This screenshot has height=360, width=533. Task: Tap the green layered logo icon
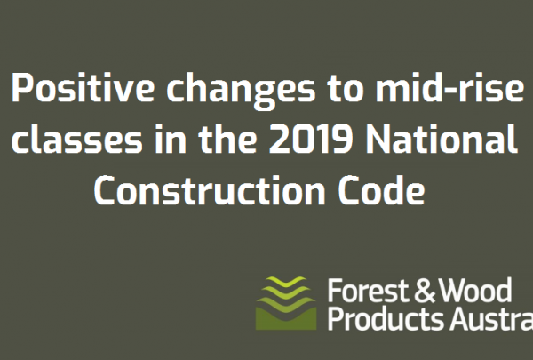pos(285,303)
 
